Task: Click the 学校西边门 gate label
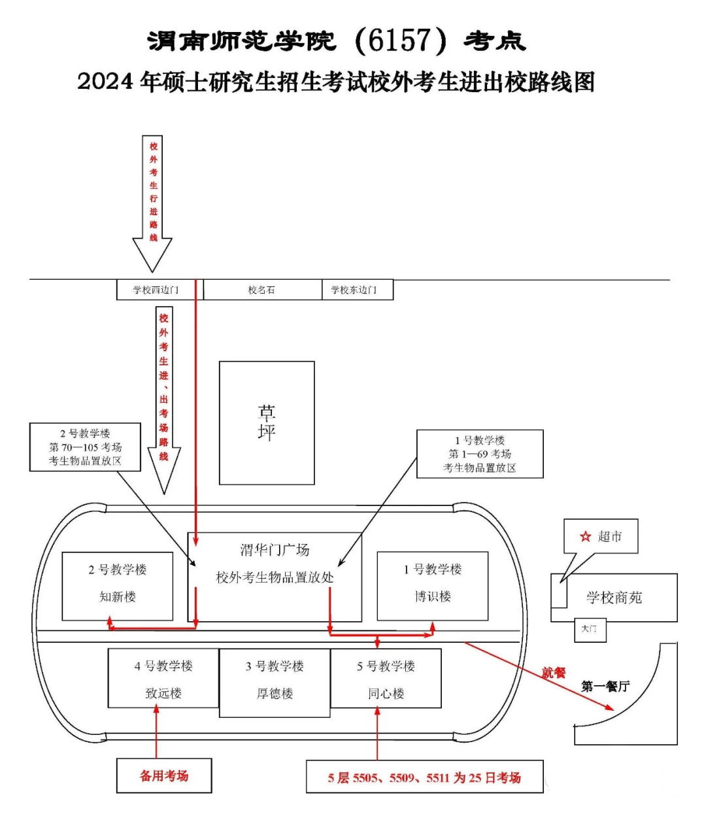point(156,290)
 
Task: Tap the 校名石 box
point(262,290)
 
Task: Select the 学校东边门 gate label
point(354,290)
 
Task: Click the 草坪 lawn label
point(267,423)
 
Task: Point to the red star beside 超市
point(585,536)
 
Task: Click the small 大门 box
point(590,630)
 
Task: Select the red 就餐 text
point(554,673)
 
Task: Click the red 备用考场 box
point(164,775)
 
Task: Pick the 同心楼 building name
point(386,704)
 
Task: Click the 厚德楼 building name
point(275,704)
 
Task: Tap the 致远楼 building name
point(163,704)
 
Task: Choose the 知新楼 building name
point(118,596)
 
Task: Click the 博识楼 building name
point(433,596)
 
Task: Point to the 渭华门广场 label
point(275,550)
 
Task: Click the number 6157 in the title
point(400,41)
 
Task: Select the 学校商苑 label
point(614,598)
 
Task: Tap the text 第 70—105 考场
point(85,447)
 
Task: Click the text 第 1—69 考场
point(479,454)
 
